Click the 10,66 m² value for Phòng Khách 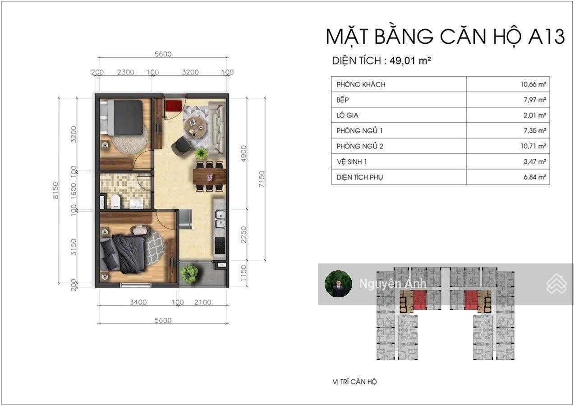(x=533, y=84)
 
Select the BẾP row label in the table (x=343, y=100)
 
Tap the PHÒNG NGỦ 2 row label (x=360, y=146)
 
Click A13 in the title (x=546, y=37)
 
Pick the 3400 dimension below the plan (x=138, y=302)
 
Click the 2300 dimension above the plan (x=125, y=72)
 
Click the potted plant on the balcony (x=189, y=273)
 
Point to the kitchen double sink (x=219, y=219)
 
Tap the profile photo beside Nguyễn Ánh (x=338, y=284)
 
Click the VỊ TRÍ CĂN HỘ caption (x=354, y=382)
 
